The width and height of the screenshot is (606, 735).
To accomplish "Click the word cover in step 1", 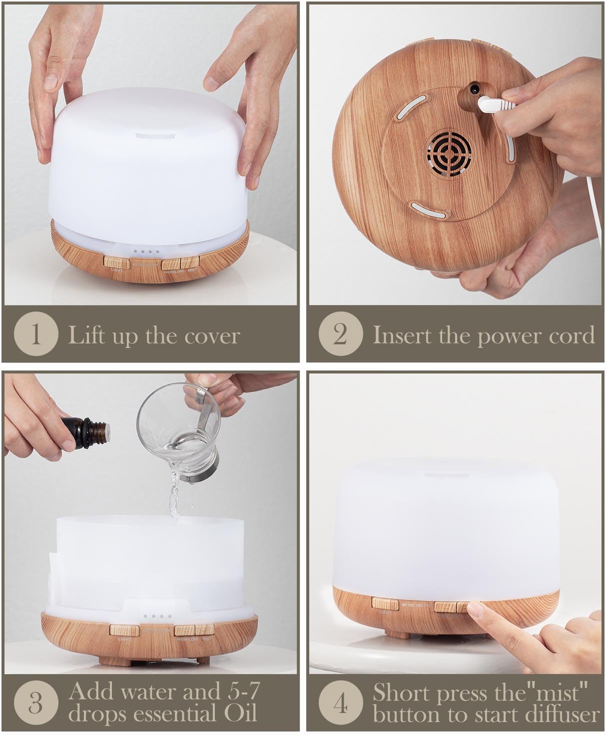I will pyautogui.click(x=212, y=336).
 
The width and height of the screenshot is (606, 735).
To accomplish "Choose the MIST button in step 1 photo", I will pyautogui.click(x=190, y=261).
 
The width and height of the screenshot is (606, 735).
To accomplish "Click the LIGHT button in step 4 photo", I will pyautogui.click(x=385, y=604).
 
